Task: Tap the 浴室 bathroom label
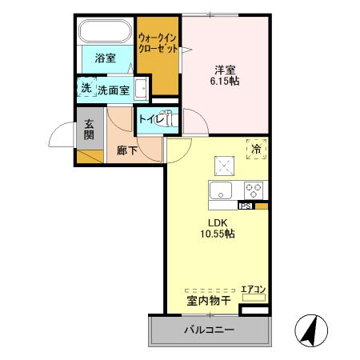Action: pos(106,58)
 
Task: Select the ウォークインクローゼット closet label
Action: pos(157,42)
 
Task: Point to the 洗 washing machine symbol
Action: pos(86,89)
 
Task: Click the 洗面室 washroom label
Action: pos(114,90)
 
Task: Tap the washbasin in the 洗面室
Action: pos(141,89)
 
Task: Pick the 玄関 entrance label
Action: pos(89,129)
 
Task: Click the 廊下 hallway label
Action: pos(126,150)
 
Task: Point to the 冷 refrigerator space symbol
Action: pos(257,149)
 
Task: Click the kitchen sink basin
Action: pos(220,190)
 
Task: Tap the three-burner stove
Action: pos(254,190)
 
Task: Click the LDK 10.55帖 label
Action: pos(218,229)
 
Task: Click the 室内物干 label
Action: pos(209,301)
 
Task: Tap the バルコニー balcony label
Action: pos(208,330)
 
